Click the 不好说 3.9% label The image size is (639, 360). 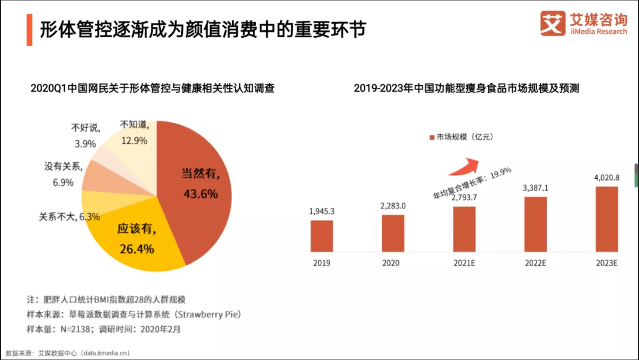pos(85,135)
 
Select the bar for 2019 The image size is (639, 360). pos(322,236)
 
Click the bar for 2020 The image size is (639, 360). pos(393,233)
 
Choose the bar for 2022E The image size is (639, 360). pos(535,224)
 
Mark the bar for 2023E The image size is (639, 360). pos(606,219)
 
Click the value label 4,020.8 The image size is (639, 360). pos(606,177)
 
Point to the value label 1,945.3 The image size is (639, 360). pos(322,211)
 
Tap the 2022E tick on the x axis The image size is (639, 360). pos(535,263)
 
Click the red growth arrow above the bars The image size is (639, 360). pos(464,166)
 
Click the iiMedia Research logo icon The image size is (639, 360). pos(553,24)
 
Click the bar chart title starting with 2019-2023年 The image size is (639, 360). pos(466,88)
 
